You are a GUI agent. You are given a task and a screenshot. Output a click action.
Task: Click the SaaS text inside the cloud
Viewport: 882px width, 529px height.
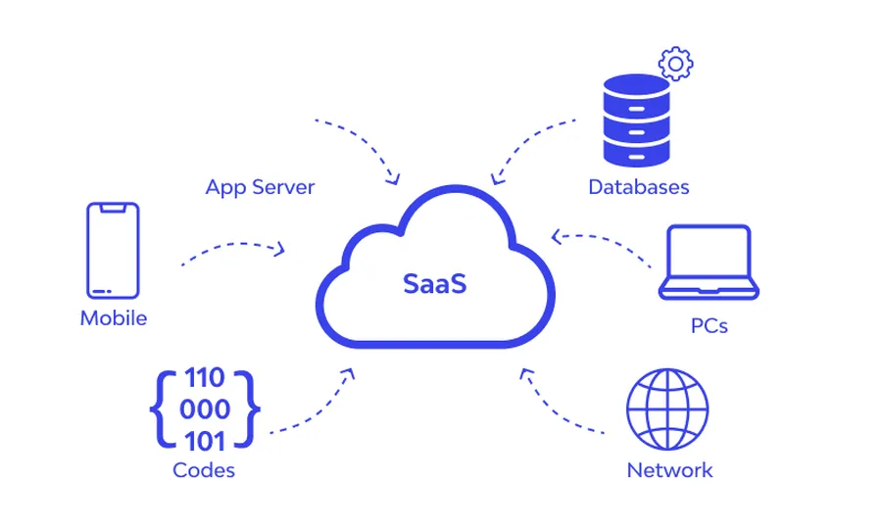pyautogui.click(x=435, y=284)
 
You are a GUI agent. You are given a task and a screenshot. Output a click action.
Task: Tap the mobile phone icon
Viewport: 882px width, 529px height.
pyautogui.click(x=113, y=250)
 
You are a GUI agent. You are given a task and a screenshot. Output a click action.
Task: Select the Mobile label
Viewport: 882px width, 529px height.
pyautogui.click(x=114, y=318)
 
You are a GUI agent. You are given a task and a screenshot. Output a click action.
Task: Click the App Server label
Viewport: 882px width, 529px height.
pyautogui.click(x=260, y=187)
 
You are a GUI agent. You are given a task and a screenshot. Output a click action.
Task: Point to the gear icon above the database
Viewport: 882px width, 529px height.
pyautogui.click(x=675, y=64)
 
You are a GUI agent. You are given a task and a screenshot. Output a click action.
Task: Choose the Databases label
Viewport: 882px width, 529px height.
pyautogui.click(x=639, y=187)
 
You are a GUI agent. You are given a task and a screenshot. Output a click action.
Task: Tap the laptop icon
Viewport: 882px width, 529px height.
pyautogui.click(x=709, y=263)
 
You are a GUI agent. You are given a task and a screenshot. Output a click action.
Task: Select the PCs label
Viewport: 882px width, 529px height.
pyautogui.click(x=710, y=325)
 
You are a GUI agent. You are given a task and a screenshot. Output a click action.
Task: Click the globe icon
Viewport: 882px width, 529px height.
pyautogui.click(x=667, y=409)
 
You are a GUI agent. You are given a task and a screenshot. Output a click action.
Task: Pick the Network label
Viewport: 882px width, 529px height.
pyautogui.click(x=669, y=470)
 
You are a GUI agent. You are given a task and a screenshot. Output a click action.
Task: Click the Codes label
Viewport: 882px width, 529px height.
pyautogui.click(x=204, y=470)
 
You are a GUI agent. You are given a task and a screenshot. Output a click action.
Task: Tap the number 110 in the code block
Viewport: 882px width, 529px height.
pyautogui.click(x=205, y=378)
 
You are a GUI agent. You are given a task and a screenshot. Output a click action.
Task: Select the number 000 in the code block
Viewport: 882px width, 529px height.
pyautogui.click(x=205, y=409)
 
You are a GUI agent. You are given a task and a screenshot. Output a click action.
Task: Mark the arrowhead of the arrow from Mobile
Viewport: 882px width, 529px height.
pyautogui.click(x=281, y=250)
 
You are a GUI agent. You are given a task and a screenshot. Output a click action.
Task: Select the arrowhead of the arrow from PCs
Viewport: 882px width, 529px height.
pyautogui.click(x=557, y=236)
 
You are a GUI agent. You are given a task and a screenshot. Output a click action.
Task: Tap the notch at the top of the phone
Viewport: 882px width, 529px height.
pyautogui.click(x=113, y=207)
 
